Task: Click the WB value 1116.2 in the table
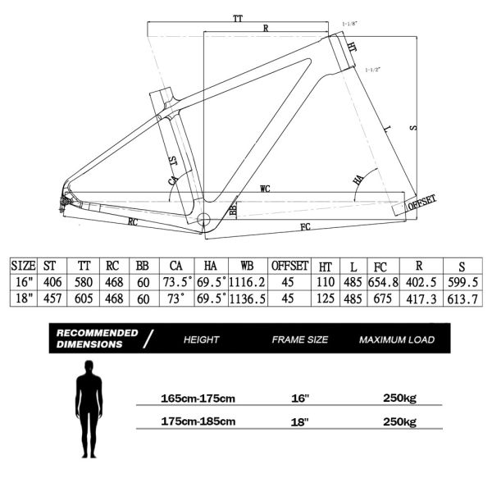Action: pos(247,282)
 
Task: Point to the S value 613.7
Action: pos(462,298)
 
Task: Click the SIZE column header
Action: pos(23,266)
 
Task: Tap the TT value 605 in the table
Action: pos(84,298)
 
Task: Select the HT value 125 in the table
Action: pos(324,298)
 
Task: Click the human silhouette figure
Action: pos(89,411)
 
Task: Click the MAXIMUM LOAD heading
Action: pos(396,339)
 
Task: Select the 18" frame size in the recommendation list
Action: pos(299,422)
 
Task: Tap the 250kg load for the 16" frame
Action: pos(399,399)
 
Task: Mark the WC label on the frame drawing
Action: pos(265,189)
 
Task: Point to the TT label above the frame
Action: pos(238,16)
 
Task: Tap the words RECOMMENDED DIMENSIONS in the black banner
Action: pos(96,339)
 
